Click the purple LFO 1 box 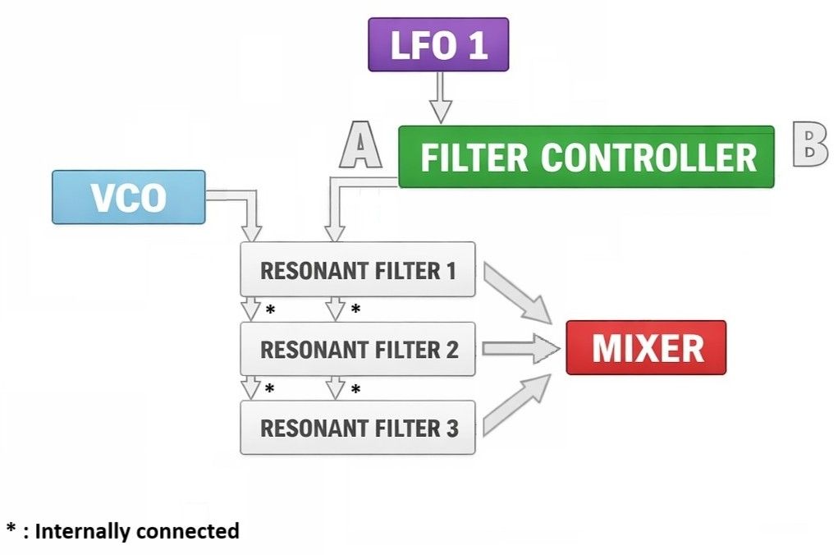pyautogui.click(x=438, y=44)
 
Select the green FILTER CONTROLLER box pyautogui.click(x=586, y=156)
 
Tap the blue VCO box pyautogui.click(x=128, y=197)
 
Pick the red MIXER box pyautogui.click(x=646, y=347)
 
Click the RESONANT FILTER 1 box pyautogui.click(x=357, y=269)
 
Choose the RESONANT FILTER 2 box pyautogui.click(x=357, y=349)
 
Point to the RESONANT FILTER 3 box pyautogui.click(x=357, y=428)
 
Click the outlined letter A pyautogui.click(x=362, y=145)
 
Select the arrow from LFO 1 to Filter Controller pyautogui.click(x=441, y=97)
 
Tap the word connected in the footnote pyautogui.click(x=188, y=531)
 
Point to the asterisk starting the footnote pyautogui.click(x=11, y=528)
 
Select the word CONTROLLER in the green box pyautogui.click(x=648, y=157)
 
